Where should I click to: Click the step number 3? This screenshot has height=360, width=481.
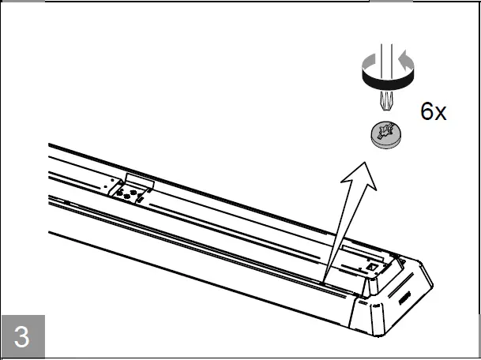pos(21,336)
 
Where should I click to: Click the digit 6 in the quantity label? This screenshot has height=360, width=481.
pos(427,112)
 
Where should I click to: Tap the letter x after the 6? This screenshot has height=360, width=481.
pos(440,114)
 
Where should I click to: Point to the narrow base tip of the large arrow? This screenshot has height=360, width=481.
pos(325,279)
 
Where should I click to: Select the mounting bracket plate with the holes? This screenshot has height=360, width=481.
pos(130,190)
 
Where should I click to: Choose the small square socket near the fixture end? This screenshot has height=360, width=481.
pos(372,268)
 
